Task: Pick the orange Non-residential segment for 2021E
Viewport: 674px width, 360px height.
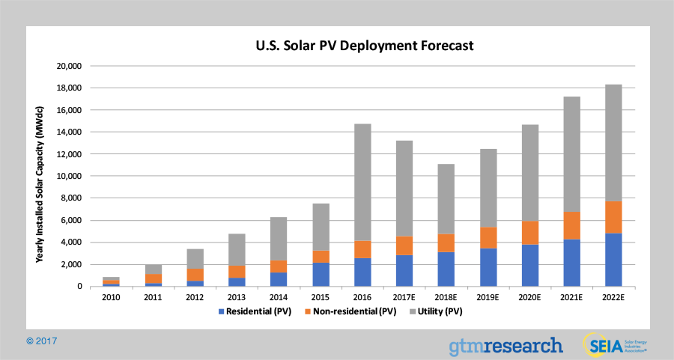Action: [x=571, y=225]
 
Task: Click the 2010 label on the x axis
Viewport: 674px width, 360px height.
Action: [x=111, y=296]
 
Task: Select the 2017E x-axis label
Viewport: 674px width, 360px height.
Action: [x=404, y=296]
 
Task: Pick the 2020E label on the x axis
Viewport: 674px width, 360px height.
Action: [x=529, y=296]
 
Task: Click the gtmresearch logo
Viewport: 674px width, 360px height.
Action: [x=506, y=345]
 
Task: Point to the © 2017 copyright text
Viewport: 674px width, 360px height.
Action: [x=42, y=341]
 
